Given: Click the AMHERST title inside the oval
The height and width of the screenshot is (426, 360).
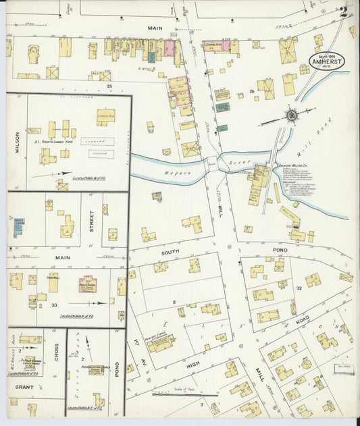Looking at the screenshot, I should click(x=328, y=60).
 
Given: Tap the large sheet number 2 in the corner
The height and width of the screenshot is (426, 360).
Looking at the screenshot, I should click(x=344, y=11).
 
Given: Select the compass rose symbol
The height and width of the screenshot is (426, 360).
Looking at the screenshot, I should click(x=291, y=115).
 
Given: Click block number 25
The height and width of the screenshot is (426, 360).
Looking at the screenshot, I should click(x=108, y=86).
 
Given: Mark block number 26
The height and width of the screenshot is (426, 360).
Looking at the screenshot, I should click(x=251, y=90).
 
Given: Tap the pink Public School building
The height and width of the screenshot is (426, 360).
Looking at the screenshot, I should click(x=88, y=284).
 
